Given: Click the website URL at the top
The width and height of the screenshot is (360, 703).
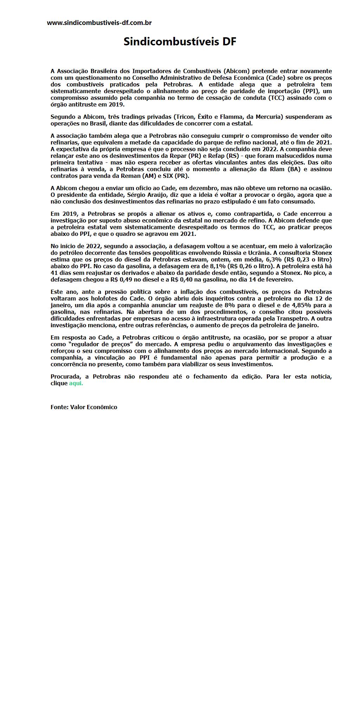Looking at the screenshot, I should coord(99,23).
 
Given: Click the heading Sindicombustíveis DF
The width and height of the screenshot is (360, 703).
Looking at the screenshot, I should coord(180,42).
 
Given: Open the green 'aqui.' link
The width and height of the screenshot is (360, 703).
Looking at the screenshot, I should coord(76,383).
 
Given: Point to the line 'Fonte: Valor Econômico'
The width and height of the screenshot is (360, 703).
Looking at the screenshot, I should coord(84,407).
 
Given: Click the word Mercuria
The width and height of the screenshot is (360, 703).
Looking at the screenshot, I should coord(270,117).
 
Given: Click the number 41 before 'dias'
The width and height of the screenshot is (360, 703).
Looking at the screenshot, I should coord(54,273).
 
